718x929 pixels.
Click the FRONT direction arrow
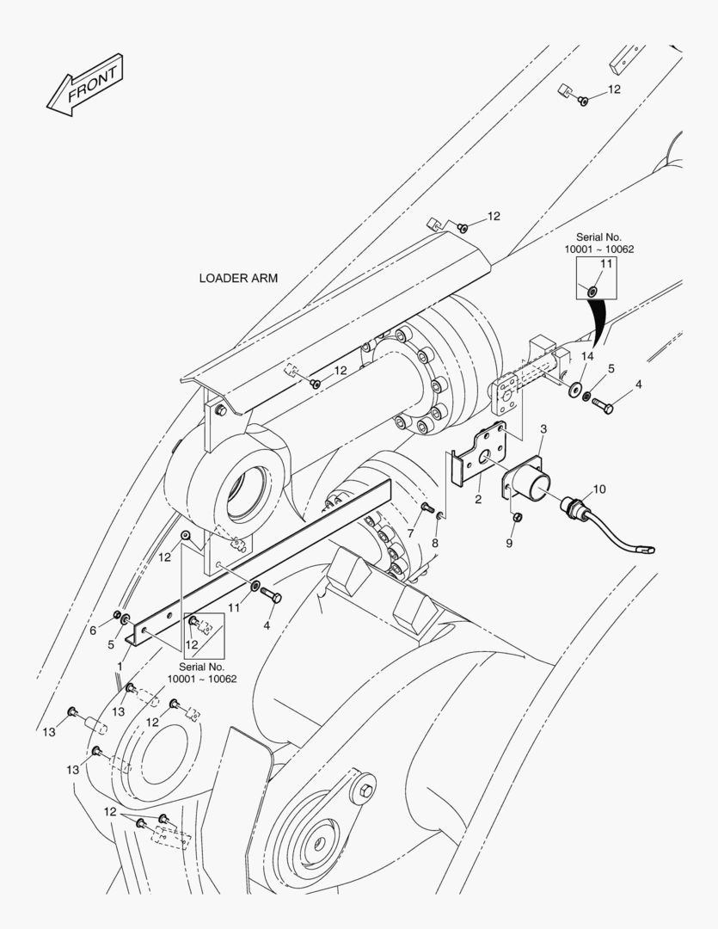coord(85,84)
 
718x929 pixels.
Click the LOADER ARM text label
coord(238,278)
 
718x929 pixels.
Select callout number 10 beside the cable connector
coord(599,489)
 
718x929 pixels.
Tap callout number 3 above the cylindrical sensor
coord(543,429)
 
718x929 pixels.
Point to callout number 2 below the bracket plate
coord(478,499)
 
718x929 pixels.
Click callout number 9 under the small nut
coord(509,543)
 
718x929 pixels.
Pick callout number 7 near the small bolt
coord(410,533)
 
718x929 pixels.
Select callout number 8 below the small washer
coord(435,543)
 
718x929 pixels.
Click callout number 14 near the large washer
coord(587,356)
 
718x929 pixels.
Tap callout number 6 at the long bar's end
coord(93,631)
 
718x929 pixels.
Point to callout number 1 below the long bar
coord(120,666)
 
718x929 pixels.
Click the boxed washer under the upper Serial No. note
coord(592,292)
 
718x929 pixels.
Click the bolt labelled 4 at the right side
coord(603,406)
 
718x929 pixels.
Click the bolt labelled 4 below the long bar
coord(272,595)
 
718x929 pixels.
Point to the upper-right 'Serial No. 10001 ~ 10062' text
coord(599,243)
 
